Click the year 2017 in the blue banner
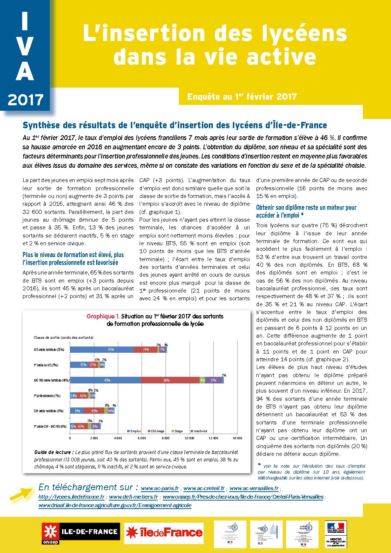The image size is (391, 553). [x=25, y=100]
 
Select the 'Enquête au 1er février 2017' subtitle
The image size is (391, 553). [x=242, y=97]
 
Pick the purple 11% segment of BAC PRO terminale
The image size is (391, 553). [x=214, y=380]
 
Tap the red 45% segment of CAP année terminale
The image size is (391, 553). [x=94, y=411]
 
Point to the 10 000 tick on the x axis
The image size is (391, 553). [x=189, y=438]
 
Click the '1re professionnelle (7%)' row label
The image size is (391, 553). [x=47, y=396]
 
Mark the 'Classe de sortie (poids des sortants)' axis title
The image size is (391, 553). [x=63, y=337]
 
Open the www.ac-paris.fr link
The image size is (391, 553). [x=160, y=488]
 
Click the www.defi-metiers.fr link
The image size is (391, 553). [x=133, y=497]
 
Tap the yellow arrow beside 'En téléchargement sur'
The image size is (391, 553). [x=21, y=493]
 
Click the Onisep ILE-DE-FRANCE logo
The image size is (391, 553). [x=81, y=533]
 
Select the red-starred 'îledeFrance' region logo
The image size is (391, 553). [x=164, y=533]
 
